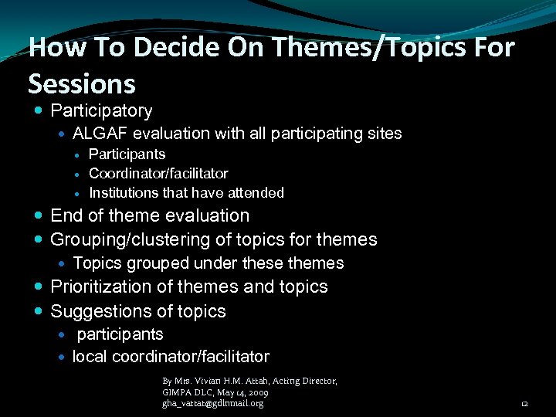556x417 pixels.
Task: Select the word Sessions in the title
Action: pyautogui.click(x=81, y=82)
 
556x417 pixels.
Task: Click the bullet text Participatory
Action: pyautogui.click(x=101, y=111)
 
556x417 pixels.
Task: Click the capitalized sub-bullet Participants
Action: pyautogui.click(x=127, y=154)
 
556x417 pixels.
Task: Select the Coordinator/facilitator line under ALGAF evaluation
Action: pyautogui.click(x=158, y=174)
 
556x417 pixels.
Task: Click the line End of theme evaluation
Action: pyautogui.click(x=150, y=215)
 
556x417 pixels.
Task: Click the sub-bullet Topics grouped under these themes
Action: pyautogui.click(x=208, y=263)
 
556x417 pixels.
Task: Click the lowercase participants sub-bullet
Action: pyautogui.click(x=120, y=334)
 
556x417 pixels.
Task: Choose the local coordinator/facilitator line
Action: pyautogui.click(x=171, y=357)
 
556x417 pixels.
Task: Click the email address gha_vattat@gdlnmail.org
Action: pyautogui.click(x=212, y=403)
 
